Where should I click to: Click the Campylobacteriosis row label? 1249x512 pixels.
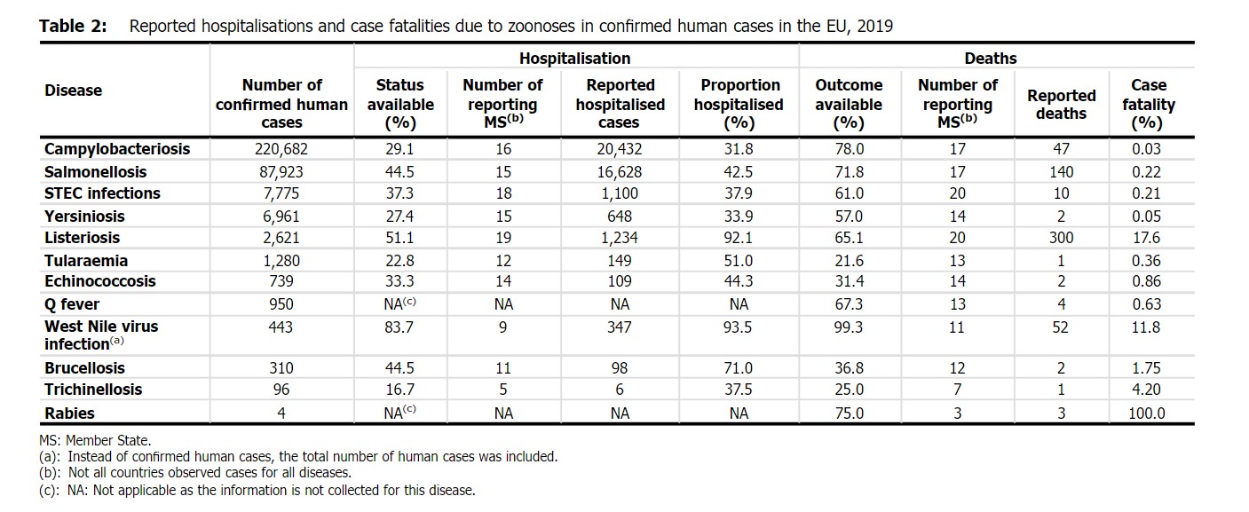(117, 149)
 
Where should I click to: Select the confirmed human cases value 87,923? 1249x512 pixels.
(281, 171)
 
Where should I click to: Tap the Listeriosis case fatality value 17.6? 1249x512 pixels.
(1146, 238)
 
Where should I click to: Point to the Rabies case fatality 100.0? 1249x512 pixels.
(1146, 414)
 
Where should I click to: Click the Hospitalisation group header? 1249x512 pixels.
(575, 59)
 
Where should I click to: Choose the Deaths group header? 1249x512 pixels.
(991, 59)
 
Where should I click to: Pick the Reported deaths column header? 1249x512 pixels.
(1061, 105)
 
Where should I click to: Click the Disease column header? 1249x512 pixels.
(73, 91)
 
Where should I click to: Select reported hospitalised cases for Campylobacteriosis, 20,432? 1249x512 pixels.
(619, 149)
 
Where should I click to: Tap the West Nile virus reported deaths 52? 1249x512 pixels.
(1060, 327)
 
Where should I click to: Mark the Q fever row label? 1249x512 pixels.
(72, 304)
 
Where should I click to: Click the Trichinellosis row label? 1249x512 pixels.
(93, 390)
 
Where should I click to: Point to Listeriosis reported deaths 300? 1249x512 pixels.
(1061, 238)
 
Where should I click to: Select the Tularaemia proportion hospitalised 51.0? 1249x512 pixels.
(738, 261)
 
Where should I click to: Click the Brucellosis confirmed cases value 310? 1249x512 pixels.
(281, 368)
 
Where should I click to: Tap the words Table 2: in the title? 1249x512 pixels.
(73, 27)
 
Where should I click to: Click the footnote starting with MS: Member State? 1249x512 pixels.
(95, 441)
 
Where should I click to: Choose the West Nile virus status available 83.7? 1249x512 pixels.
(399, 327)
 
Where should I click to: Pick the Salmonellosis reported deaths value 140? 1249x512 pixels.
(1061, 171)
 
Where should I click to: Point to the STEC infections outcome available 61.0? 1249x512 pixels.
(849, 193)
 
